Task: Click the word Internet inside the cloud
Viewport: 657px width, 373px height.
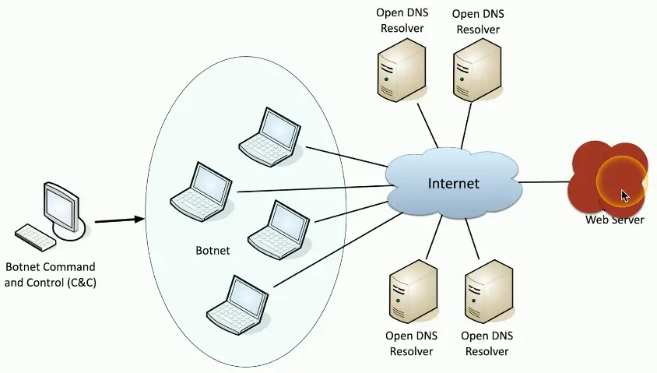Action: click(x=454, y=184)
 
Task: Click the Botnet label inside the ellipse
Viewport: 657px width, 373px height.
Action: click(x=213, y=252)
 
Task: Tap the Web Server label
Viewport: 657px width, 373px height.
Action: click(x=615, y=220)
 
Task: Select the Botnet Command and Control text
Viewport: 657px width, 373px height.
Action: click(x=50, y=274)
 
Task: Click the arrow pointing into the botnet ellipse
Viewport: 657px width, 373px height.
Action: click(x=120, y=220)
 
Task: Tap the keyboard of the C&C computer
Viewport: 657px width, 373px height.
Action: click(x=34, y=237)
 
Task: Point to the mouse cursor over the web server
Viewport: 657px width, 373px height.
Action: click(x=624, y=195)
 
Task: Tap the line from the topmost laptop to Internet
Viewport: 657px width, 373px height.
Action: click(x=346, y=155)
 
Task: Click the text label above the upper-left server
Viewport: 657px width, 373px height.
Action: click(x=400, y=21)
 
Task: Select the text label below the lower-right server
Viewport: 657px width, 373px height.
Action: click(x=487, y=343)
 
